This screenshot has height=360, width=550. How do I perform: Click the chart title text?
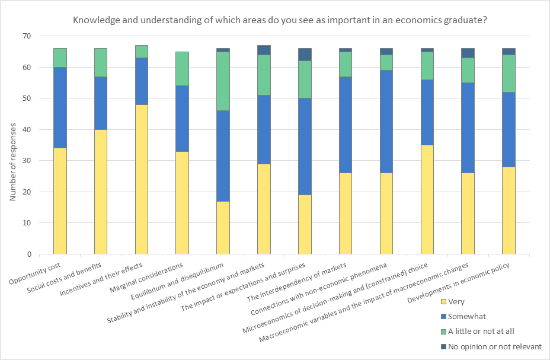(280, 20)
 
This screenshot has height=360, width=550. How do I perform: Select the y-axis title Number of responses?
(12, 145)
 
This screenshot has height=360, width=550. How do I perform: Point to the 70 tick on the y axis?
(26, 36)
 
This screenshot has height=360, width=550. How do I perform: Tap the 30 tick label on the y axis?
(26, 161)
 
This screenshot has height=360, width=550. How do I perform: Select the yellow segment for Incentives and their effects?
(142, 179)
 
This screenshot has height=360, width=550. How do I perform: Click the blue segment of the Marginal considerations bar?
(182, 119)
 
